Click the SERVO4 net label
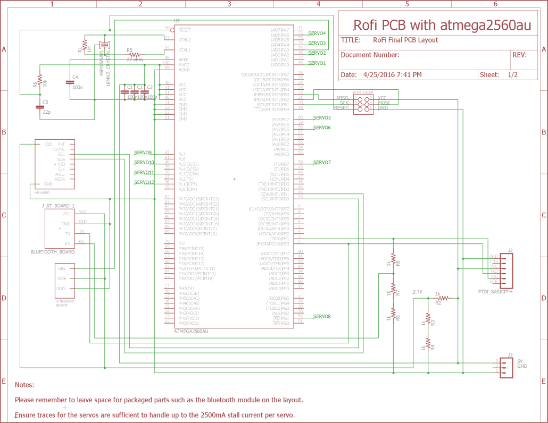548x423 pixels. tap(317, 33)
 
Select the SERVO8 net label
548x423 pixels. tap(322, 317)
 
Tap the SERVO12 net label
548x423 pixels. tap(144, 182)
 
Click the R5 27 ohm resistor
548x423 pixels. tap(134, 54)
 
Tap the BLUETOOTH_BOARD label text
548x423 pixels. tap(53, 252)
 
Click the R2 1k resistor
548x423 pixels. tap(443, 299)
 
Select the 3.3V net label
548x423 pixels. tap(418, 292)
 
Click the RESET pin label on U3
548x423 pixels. tap(185, 30)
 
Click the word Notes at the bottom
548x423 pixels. tap(24, 385)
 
